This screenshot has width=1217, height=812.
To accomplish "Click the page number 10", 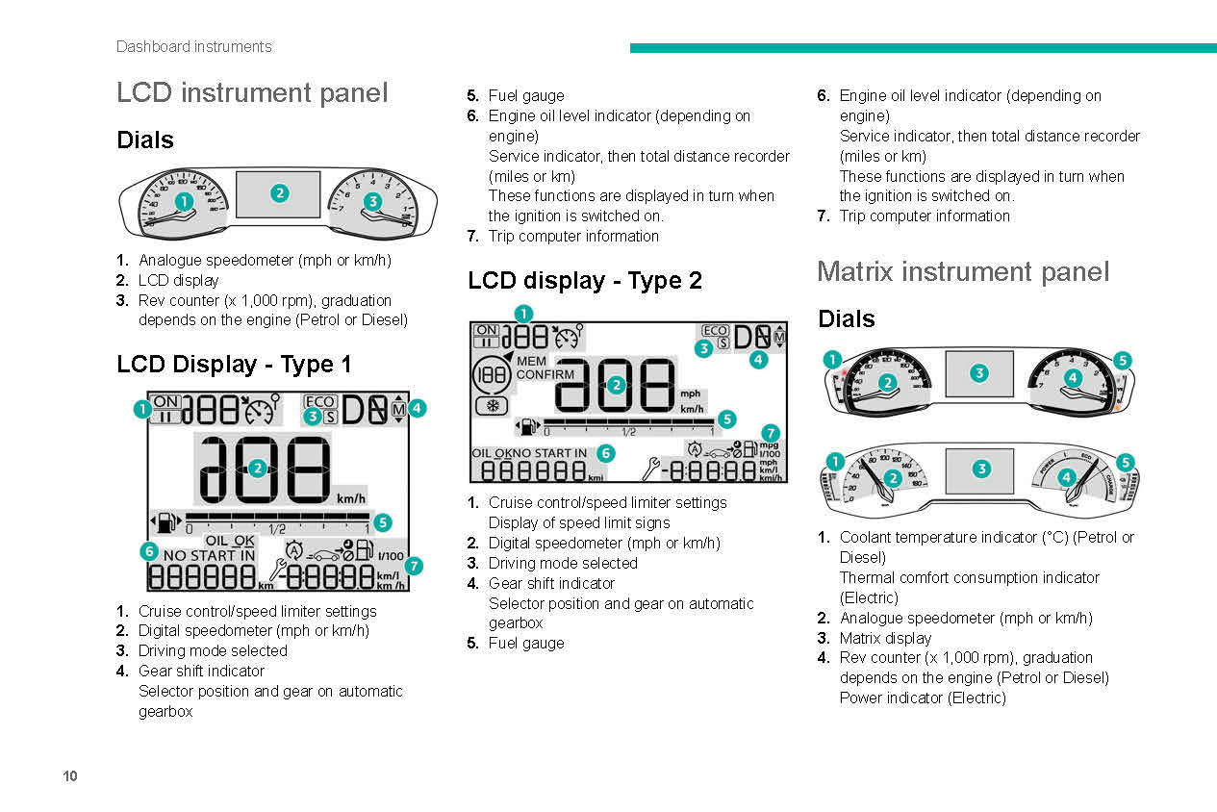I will pyautogui.click(x=69, y=776).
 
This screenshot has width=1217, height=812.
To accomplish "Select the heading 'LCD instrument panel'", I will pyautogui.click(x=252, y=93).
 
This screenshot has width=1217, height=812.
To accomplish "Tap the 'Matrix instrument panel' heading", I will pyautogui.click(x=963, y=272).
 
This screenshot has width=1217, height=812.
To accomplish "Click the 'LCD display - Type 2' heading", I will pyautogui.click(x=585, y=281).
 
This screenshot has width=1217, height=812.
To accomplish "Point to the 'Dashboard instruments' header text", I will pyautogui.click(x=193, y=46).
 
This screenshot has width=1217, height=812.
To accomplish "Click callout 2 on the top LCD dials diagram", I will pyautogui.click(x=279, y=192).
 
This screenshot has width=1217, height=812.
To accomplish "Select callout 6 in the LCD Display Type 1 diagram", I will pyautogui.click(x=149, y=551).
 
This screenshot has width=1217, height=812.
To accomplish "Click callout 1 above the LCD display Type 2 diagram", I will pyautogui.click(x=522, y=313).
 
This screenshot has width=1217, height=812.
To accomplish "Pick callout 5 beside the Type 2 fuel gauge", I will pyautogui.click(x=727, y=419).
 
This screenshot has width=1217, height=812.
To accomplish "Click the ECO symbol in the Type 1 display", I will pyautogui.click(x=319, y=402).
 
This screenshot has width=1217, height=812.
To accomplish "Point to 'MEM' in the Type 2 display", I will pyautogui.click(x=532, y=362).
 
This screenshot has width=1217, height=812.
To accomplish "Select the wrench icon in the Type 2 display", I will pyautogui.click(x=653, y=469).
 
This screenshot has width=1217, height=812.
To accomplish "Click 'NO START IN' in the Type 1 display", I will pyautogui.click(x=209, y=555).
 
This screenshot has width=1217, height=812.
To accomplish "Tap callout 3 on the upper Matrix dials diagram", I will pyautogui.click(x=978, y=372).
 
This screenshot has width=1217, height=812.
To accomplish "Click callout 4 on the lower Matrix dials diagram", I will pyautogui.click(x=1067, y=476).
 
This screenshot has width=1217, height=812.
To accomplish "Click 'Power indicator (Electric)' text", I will pyautogui.click(x=923, y=698).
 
